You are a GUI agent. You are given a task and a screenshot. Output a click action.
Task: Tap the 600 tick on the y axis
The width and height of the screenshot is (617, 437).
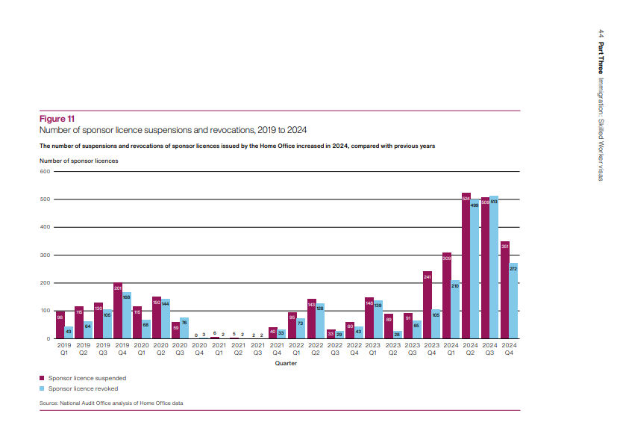44,172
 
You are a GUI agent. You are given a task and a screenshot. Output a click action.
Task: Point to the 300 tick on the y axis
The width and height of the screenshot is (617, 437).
44,255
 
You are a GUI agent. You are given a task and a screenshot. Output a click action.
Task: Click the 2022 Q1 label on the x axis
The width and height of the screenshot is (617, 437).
296,349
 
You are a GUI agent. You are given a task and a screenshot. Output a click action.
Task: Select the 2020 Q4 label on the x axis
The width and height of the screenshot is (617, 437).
199,349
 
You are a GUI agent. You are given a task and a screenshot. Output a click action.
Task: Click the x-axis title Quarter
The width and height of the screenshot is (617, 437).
286,364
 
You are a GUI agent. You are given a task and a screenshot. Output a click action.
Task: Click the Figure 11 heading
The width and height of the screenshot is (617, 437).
56,118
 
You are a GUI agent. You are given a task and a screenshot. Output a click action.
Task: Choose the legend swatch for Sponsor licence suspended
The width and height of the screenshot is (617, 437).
43,379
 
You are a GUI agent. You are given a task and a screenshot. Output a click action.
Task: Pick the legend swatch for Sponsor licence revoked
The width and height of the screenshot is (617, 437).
43,388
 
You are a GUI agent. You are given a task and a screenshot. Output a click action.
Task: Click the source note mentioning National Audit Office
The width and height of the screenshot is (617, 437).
111,403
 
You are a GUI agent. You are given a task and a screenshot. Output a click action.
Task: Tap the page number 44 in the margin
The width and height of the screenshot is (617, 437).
601,34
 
